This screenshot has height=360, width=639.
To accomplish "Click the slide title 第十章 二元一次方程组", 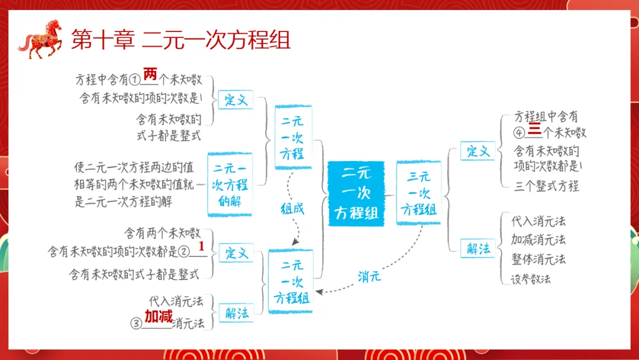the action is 180,40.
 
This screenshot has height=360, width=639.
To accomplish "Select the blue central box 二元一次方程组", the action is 356,193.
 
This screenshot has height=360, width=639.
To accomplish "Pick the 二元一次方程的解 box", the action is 230,185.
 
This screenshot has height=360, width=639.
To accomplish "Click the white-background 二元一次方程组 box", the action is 291,281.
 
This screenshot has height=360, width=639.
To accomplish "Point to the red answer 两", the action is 150,75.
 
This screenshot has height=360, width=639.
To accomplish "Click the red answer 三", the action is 534,130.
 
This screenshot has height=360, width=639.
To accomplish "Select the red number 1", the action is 201,246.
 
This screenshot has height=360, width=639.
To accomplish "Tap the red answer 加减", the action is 159,316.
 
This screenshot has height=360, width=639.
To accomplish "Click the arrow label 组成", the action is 292,208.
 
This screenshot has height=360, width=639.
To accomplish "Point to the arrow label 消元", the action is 369,276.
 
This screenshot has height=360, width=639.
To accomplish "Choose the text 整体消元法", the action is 538,259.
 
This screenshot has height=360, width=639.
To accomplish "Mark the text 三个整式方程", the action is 547,186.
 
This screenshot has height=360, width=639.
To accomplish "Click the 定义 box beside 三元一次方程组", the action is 478,150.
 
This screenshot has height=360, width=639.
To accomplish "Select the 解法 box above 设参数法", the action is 478,248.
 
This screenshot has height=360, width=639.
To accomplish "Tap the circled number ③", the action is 136,324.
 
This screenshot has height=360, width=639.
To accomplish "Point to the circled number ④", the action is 519,133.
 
